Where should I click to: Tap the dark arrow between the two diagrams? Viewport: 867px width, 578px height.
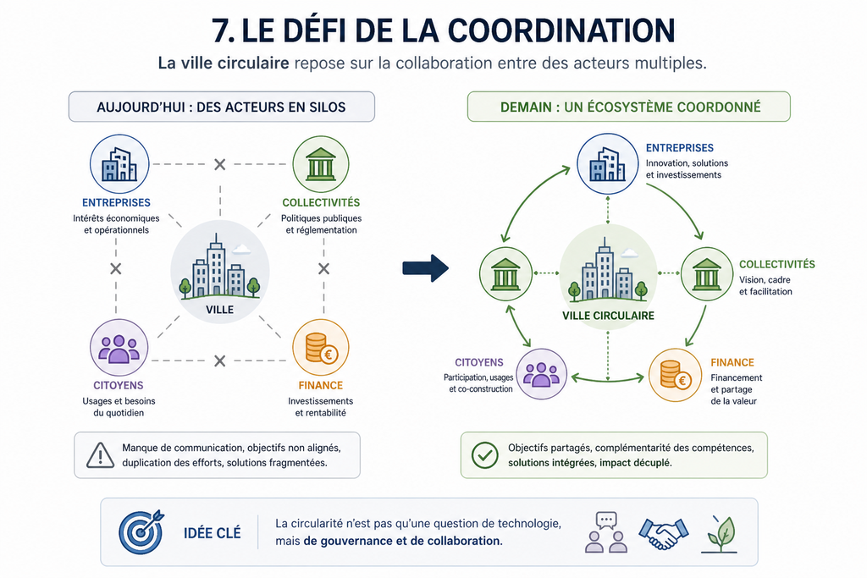coord(425,268)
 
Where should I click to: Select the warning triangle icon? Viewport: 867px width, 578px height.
coord(100,455)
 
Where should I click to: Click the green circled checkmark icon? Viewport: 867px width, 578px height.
coord(485,455)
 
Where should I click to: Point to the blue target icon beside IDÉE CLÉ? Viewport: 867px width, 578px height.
coord(141,532)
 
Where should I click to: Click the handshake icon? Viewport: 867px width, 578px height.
coord(664,533)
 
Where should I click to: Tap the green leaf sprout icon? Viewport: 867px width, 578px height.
coord(720,534)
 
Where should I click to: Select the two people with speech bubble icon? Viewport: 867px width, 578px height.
coord(606,532)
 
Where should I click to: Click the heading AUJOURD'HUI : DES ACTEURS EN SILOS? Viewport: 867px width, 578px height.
coord(221,107)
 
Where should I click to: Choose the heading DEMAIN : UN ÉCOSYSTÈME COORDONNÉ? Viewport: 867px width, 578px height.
coord(630,107)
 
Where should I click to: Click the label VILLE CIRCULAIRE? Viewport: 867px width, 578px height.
coord(608,316)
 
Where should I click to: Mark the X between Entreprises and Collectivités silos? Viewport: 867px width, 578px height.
coord(220,164)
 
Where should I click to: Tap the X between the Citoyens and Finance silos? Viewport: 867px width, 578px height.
coord(220,361)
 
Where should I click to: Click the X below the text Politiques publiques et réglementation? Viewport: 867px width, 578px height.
coord(324,268)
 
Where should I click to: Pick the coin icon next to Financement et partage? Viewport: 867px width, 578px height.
coord(675,375)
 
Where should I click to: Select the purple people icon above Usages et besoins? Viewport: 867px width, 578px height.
coord(119,348)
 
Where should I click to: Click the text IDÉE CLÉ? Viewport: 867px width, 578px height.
coord(213,533)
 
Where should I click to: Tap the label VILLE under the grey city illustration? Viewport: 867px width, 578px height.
coord(219,310)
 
